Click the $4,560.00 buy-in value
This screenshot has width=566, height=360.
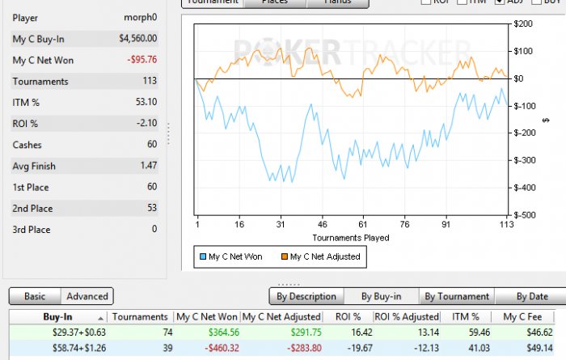click(137, 38)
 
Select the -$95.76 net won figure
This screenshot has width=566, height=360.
click(141, 60)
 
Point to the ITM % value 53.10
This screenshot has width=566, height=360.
click(146, 102)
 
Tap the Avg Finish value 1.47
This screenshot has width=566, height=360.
click(148, 166)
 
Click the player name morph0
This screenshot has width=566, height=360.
click(140, 17)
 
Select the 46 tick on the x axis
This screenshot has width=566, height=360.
click(322, 226)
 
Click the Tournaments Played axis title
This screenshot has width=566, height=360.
click(351, 238)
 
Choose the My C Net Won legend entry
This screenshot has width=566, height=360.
click(234, 257)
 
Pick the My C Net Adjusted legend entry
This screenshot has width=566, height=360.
click(322, 257)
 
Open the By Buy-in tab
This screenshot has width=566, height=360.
click(381, 296)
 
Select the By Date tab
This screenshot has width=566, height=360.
click(531, 296)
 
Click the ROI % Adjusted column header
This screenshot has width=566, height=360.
click(407, 317)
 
